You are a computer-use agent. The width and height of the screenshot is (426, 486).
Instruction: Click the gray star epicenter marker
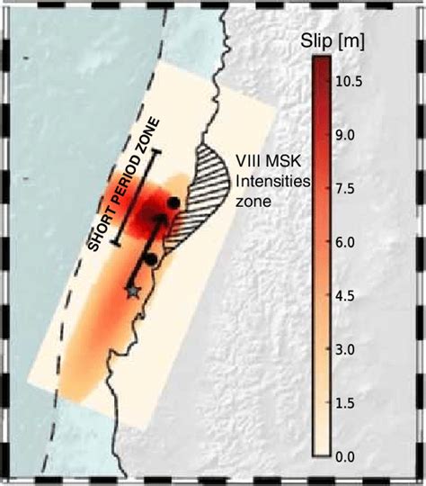[x=135, y=291]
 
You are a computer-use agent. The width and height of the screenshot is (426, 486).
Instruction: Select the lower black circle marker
[x=151, y=259]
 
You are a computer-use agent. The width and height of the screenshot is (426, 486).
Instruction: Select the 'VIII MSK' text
[x=266, y=166]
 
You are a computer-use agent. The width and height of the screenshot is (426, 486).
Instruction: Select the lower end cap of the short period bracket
[x=116, y=245]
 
